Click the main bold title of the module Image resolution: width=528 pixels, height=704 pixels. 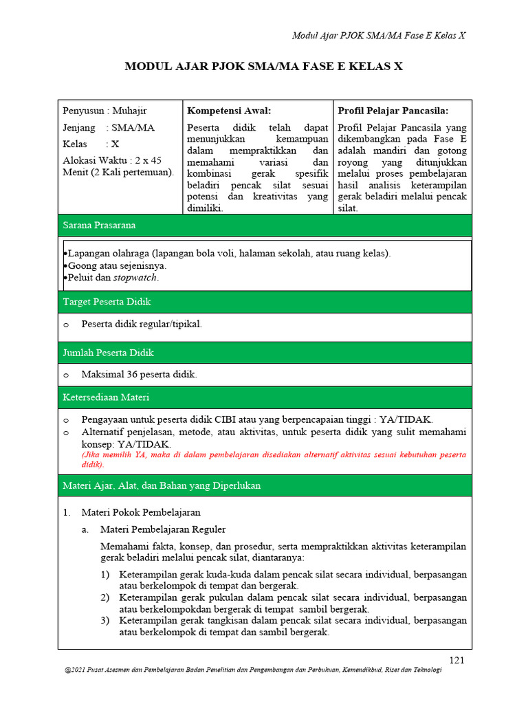point(263,67)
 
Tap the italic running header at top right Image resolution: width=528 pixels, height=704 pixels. point(379,36)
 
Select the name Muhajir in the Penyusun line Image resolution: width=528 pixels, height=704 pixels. point(130,111)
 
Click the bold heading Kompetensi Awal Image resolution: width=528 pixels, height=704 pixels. point(229,111)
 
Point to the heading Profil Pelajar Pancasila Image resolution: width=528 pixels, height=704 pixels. point(393,111)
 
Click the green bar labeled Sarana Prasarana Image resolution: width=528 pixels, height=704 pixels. point(265,225)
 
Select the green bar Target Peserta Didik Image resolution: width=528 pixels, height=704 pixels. point(265,302)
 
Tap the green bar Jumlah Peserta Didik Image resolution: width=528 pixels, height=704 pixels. point(265,353)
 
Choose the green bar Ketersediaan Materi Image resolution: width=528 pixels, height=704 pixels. point(265,397)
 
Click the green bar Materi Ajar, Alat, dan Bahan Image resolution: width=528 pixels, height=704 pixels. point(265,485)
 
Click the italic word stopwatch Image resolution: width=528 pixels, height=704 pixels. point(135,278)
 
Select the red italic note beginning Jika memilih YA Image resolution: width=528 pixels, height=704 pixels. point(274,459)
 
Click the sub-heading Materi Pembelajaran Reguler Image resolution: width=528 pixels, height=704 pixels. point(163,529)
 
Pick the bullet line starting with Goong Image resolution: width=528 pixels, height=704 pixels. point(117,265)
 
